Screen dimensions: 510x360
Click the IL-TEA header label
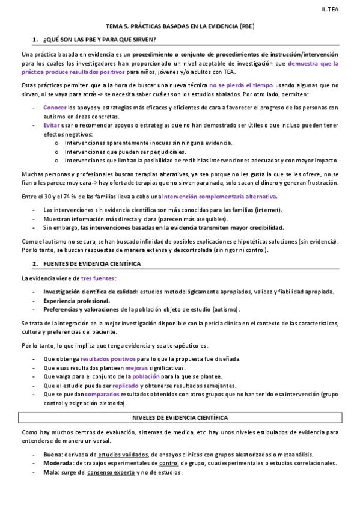tap(331, 10)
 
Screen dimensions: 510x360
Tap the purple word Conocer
tap(55, 107)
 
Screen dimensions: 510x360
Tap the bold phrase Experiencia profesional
tap(76, 300)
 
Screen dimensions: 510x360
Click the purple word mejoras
tap(136, 367)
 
